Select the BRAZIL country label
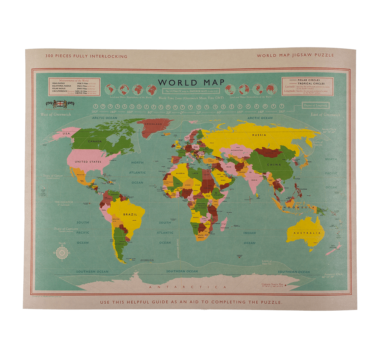pyautogui.click(x=130, y=214)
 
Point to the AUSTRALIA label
pyautogui.click(x=306, y=233)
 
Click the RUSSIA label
pyautogui.click(x=259, y=135)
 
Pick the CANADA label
pyautogui.click(x=95, y=141)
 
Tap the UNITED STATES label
pyautogui.click(x=88, y=162)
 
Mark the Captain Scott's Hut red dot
pyautogui.click(x=285, y=284)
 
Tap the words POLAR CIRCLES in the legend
pyautogui.click(x=313, y=80)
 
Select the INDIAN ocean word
pyautogui.click(x=249, y=233)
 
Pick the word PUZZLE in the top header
pyautogui.click(x=324, y=55)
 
